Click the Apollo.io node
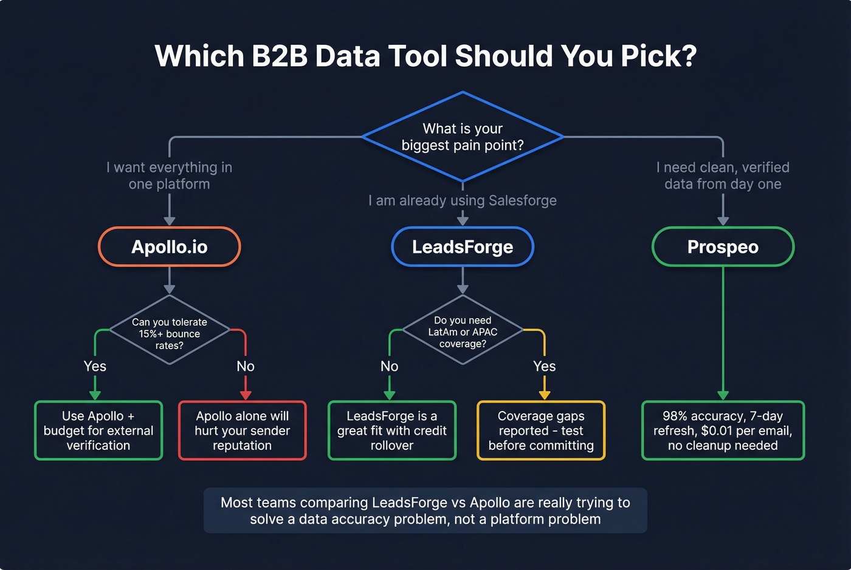point(170,247)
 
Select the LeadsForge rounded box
point(463,247)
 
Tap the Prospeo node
point(723,247)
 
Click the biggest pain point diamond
point(463,137)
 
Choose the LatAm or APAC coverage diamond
point(463,331)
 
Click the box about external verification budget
point(98,430)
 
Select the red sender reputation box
point(242,430)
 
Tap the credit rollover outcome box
point(392,430)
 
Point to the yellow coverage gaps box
point(541,430)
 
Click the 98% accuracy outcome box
point(723,430)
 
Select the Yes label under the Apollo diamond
point(95,366)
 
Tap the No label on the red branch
point(246,366)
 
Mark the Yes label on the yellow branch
point(544,366)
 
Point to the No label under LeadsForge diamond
point(390,366)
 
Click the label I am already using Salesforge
point(463,200)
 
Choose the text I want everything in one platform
point(170,175)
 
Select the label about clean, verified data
point(723,175)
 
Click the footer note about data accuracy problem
point(425,511)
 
